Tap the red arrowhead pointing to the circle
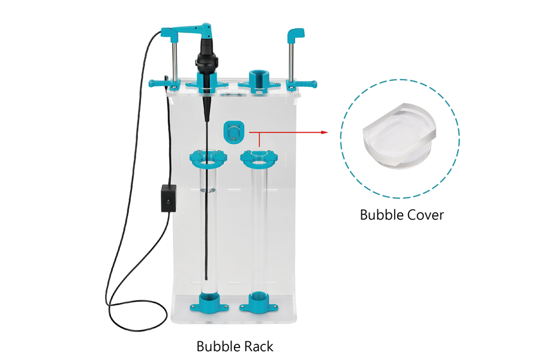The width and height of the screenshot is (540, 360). (x=324, y=132)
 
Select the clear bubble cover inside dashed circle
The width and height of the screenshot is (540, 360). (x=400, y=137)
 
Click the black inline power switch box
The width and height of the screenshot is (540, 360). (x=169, y=198)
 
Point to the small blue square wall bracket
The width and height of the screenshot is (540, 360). (x=234, y=131)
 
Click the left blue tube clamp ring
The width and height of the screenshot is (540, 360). (x=208, y=158)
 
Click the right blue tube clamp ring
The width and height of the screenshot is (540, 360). (x=259, y=158)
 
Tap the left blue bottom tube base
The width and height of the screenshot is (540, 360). (x=209, y=302)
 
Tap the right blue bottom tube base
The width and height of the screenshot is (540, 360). (x=259, y=302)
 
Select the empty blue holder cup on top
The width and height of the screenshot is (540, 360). (x=259, y=81)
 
